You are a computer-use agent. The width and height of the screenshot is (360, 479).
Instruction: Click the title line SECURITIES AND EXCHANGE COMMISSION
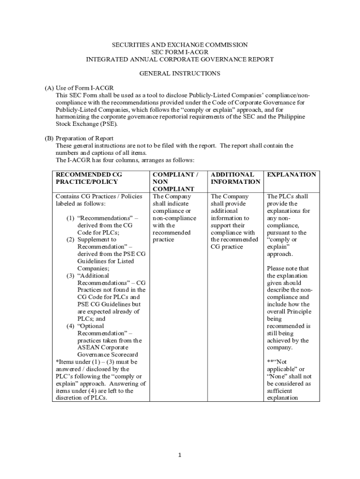(x=180, y=45)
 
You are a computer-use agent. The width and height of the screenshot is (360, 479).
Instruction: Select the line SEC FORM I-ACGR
(x=180, y=52)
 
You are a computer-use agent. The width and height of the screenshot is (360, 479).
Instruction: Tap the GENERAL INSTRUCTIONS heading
(x=180, y=73)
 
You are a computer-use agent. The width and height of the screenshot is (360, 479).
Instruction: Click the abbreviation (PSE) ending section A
(x=108, y=124)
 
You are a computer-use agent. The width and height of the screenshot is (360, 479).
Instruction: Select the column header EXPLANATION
(x=291, y=174)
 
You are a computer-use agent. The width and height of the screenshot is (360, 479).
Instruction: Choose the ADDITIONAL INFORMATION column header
(x=235, y=178)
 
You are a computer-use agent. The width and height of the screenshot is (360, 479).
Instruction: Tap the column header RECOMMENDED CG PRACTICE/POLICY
(x=89, y=178)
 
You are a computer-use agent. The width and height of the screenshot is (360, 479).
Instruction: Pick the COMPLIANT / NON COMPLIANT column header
(x=175, y=181)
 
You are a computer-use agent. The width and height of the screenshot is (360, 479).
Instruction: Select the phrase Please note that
(x=288, y=269)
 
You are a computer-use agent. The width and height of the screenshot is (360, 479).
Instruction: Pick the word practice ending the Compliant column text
(x=163, y=239)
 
